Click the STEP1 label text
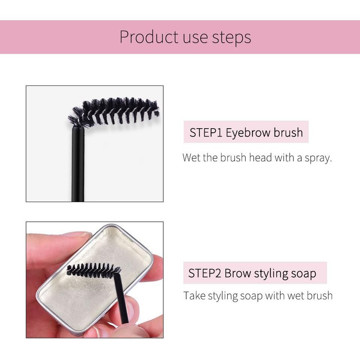(x=206, y=133)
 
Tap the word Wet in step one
(x=191, y=158)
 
